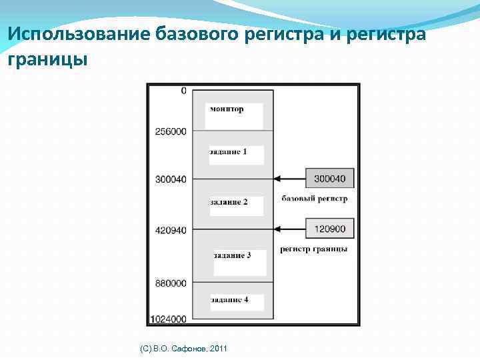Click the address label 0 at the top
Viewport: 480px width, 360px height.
click(x=183, y=91)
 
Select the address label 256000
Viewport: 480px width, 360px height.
click(x=171, y=131)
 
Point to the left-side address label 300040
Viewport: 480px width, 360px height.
click(x=171, y=179)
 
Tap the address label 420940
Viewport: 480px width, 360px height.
click(x=171, y=231)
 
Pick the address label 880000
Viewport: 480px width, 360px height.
click(x=171, y=283)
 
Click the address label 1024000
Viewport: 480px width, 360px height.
click(x=169, y=319)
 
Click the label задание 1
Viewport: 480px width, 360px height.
click(x=229, y=152)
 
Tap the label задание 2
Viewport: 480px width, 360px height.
click(x=229, y=202)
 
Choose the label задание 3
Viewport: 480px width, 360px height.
click(x=233, y=256)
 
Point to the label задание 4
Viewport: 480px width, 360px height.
click(x=230, y=300)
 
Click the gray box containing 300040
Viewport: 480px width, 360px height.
click(x=329, y=178)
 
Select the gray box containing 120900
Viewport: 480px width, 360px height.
click(x=329, y=229)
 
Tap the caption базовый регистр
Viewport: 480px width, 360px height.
click(x=314, y=199)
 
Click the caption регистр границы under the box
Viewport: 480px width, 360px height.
click(x=313, y=249)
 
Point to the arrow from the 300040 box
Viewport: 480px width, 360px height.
click(x=290, y=178)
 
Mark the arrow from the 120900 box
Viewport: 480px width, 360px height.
click(x=290, y=229)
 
